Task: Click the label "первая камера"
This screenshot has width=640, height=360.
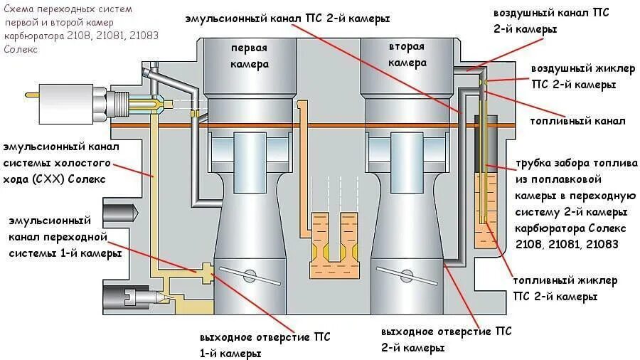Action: tap(249, 55)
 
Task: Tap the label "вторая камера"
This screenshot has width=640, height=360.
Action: tap(406, 55)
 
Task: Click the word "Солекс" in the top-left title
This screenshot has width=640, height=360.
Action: tap(18, 50)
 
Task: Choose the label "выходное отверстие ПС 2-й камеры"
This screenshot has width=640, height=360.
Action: tap(446, 340)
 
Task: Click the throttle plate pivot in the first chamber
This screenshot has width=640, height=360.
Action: tap(248, 274)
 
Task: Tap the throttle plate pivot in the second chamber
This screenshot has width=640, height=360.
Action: tap(406, 274)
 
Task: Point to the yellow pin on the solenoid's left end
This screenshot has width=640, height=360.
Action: tap(31, 95)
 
